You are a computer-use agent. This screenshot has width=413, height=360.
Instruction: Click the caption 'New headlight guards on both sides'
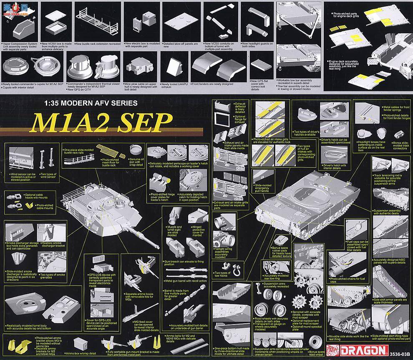tap(259, 45)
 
